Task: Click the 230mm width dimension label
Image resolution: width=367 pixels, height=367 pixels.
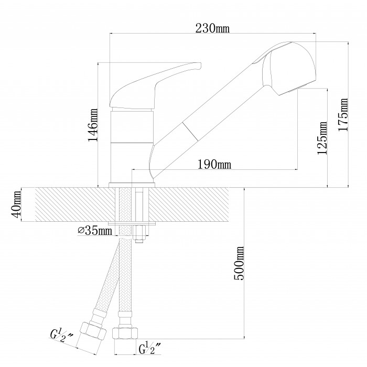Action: [212, 28]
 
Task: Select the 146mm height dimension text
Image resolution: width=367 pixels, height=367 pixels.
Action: [93, 125]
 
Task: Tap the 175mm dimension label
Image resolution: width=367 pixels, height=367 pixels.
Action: [343, 114]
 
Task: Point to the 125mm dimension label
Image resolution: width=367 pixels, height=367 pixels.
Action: [322, 138]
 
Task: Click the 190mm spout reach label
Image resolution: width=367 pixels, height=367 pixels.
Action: [214, 164]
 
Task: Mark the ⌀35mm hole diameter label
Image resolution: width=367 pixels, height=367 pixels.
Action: [95, 231]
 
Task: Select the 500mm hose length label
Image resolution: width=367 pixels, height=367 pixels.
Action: [239, 263]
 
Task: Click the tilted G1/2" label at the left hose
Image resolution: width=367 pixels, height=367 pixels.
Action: [61, 336]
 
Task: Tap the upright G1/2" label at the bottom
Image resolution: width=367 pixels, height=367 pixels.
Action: [150, 349]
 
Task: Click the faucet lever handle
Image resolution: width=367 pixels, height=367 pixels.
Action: [155, 85]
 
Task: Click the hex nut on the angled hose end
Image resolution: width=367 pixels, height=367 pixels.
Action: [93, 331]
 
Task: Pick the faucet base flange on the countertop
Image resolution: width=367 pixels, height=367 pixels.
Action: [132, 185]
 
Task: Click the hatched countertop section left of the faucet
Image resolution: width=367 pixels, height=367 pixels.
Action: [75, 204]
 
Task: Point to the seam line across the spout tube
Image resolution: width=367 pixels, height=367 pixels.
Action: [190, 132]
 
